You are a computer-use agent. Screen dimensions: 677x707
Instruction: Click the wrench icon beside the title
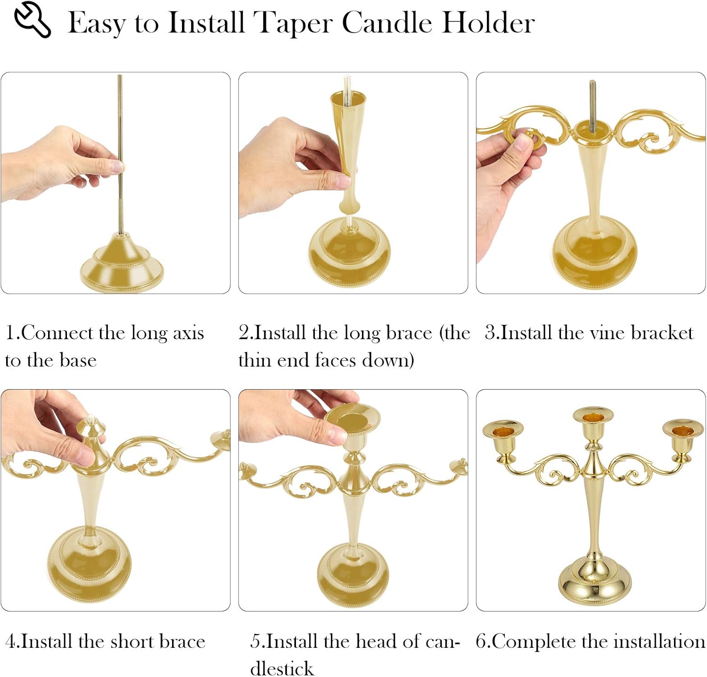32,19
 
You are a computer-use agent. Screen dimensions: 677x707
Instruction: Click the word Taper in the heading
292,23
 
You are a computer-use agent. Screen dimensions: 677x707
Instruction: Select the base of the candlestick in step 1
122,266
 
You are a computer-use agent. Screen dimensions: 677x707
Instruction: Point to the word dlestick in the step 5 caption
282,668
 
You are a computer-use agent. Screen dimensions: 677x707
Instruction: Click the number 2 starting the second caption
244,333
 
